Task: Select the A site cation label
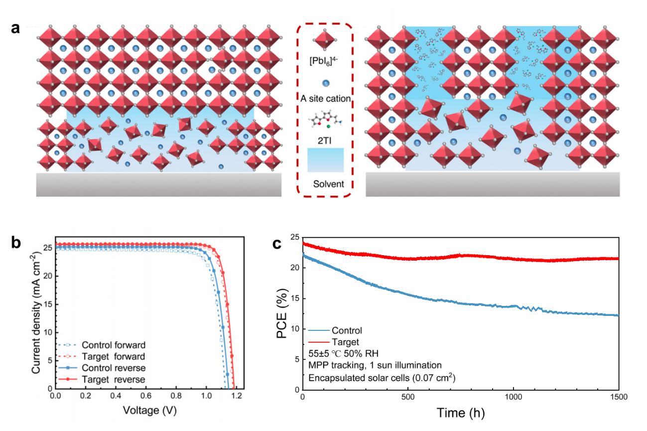324,99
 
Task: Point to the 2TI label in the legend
325,141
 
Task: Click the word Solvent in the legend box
325,184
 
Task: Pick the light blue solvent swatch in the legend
325,160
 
